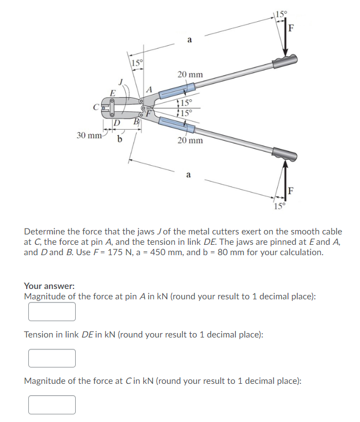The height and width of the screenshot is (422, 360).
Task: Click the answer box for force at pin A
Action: click(52, 311)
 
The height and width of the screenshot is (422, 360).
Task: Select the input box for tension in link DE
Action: click(52, 358)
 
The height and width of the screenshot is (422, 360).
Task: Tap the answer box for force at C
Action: click(52, 405)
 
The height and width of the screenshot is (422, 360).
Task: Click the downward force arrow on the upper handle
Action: click(285, 41)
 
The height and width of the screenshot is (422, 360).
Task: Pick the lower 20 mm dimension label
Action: click(190, 141)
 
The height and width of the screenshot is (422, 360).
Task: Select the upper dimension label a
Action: click(189, 39)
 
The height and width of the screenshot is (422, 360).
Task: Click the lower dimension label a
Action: click(188, 175)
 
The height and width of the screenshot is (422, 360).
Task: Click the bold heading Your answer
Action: click(49, 286)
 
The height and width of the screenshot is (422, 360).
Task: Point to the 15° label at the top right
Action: click(282, 13)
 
